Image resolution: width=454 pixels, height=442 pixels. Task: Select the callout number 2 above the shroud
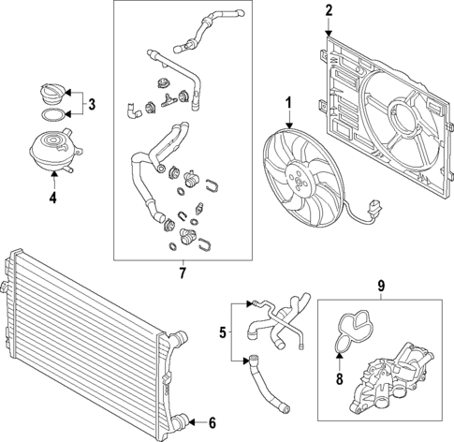pos(329,11)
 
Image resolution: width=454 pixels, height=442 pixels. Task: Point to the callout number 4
pos(53,198)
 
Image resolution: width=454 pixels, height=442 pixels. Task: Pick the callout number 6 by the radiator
pos(212,422)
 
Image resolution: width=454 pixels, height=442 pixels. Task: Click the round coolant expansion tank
pos(52,151)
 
